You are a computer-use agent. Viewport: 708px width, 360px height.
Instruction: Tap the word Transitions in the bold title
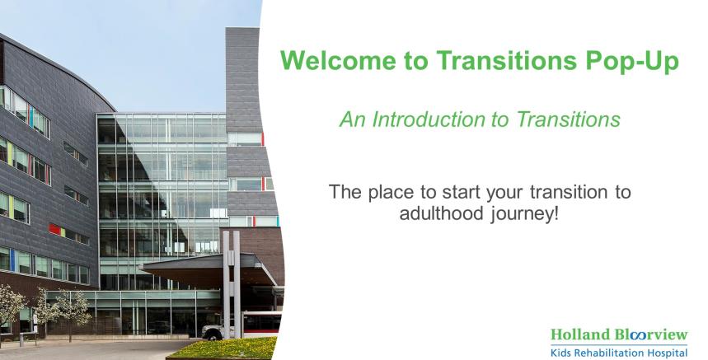506,60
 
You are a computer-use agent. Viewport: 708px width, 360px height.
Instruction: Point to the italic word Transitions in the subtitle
568,119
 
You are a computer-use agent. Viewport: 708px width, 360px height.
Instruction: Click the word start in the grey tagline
462,192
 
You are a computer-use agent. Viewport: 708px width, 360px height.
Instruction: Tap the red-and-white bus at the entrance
262,324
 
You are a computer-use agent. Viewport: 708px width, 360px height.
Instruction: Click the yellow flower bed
223,348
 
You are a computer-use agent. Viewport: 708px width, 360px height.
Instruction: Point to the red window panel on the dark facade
54,229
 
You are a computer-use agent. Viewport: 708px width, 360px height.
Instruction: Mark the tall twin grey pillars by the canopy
231,283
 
